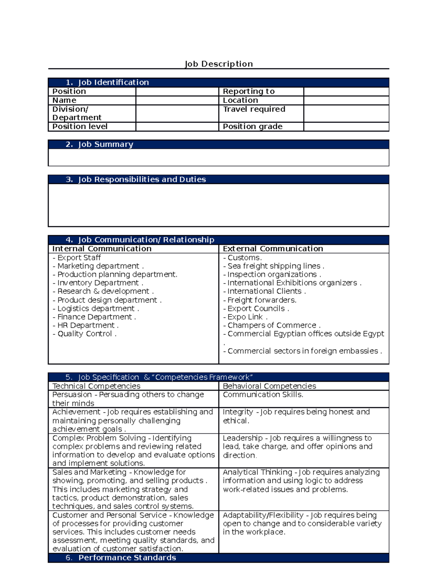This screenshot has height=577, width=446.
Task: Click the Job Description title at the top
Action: click(219, 64)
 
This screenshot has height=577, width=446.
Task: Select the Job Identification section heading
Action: click(113, 82)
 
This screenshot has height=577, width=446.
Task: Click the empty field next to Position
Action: click(177, 91)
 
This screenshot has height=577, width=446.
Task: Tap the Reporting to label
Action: click(248, 91)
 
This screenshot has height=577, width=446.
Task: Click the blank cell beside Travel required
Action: click(346, 113)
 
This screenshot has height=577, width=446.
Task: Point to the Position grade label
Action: click(252, 127)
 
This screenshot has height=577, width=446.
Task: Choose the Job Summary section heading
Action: click(105, 145)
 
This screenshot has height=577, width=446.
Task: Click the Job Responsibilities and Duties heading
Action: click(142, 179)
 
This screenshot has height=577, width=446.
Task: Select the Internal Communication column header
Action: click(102, 249)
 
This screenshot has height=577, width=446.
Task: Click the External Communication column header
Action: click(273, 249)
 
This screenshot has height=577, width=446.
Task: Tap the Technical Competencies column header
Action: click(96, 386)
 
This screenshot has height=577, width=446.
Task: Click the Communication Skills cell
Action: click(263, 395)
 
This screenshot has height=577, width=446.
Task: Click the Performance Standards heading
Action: click(127, 558)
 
